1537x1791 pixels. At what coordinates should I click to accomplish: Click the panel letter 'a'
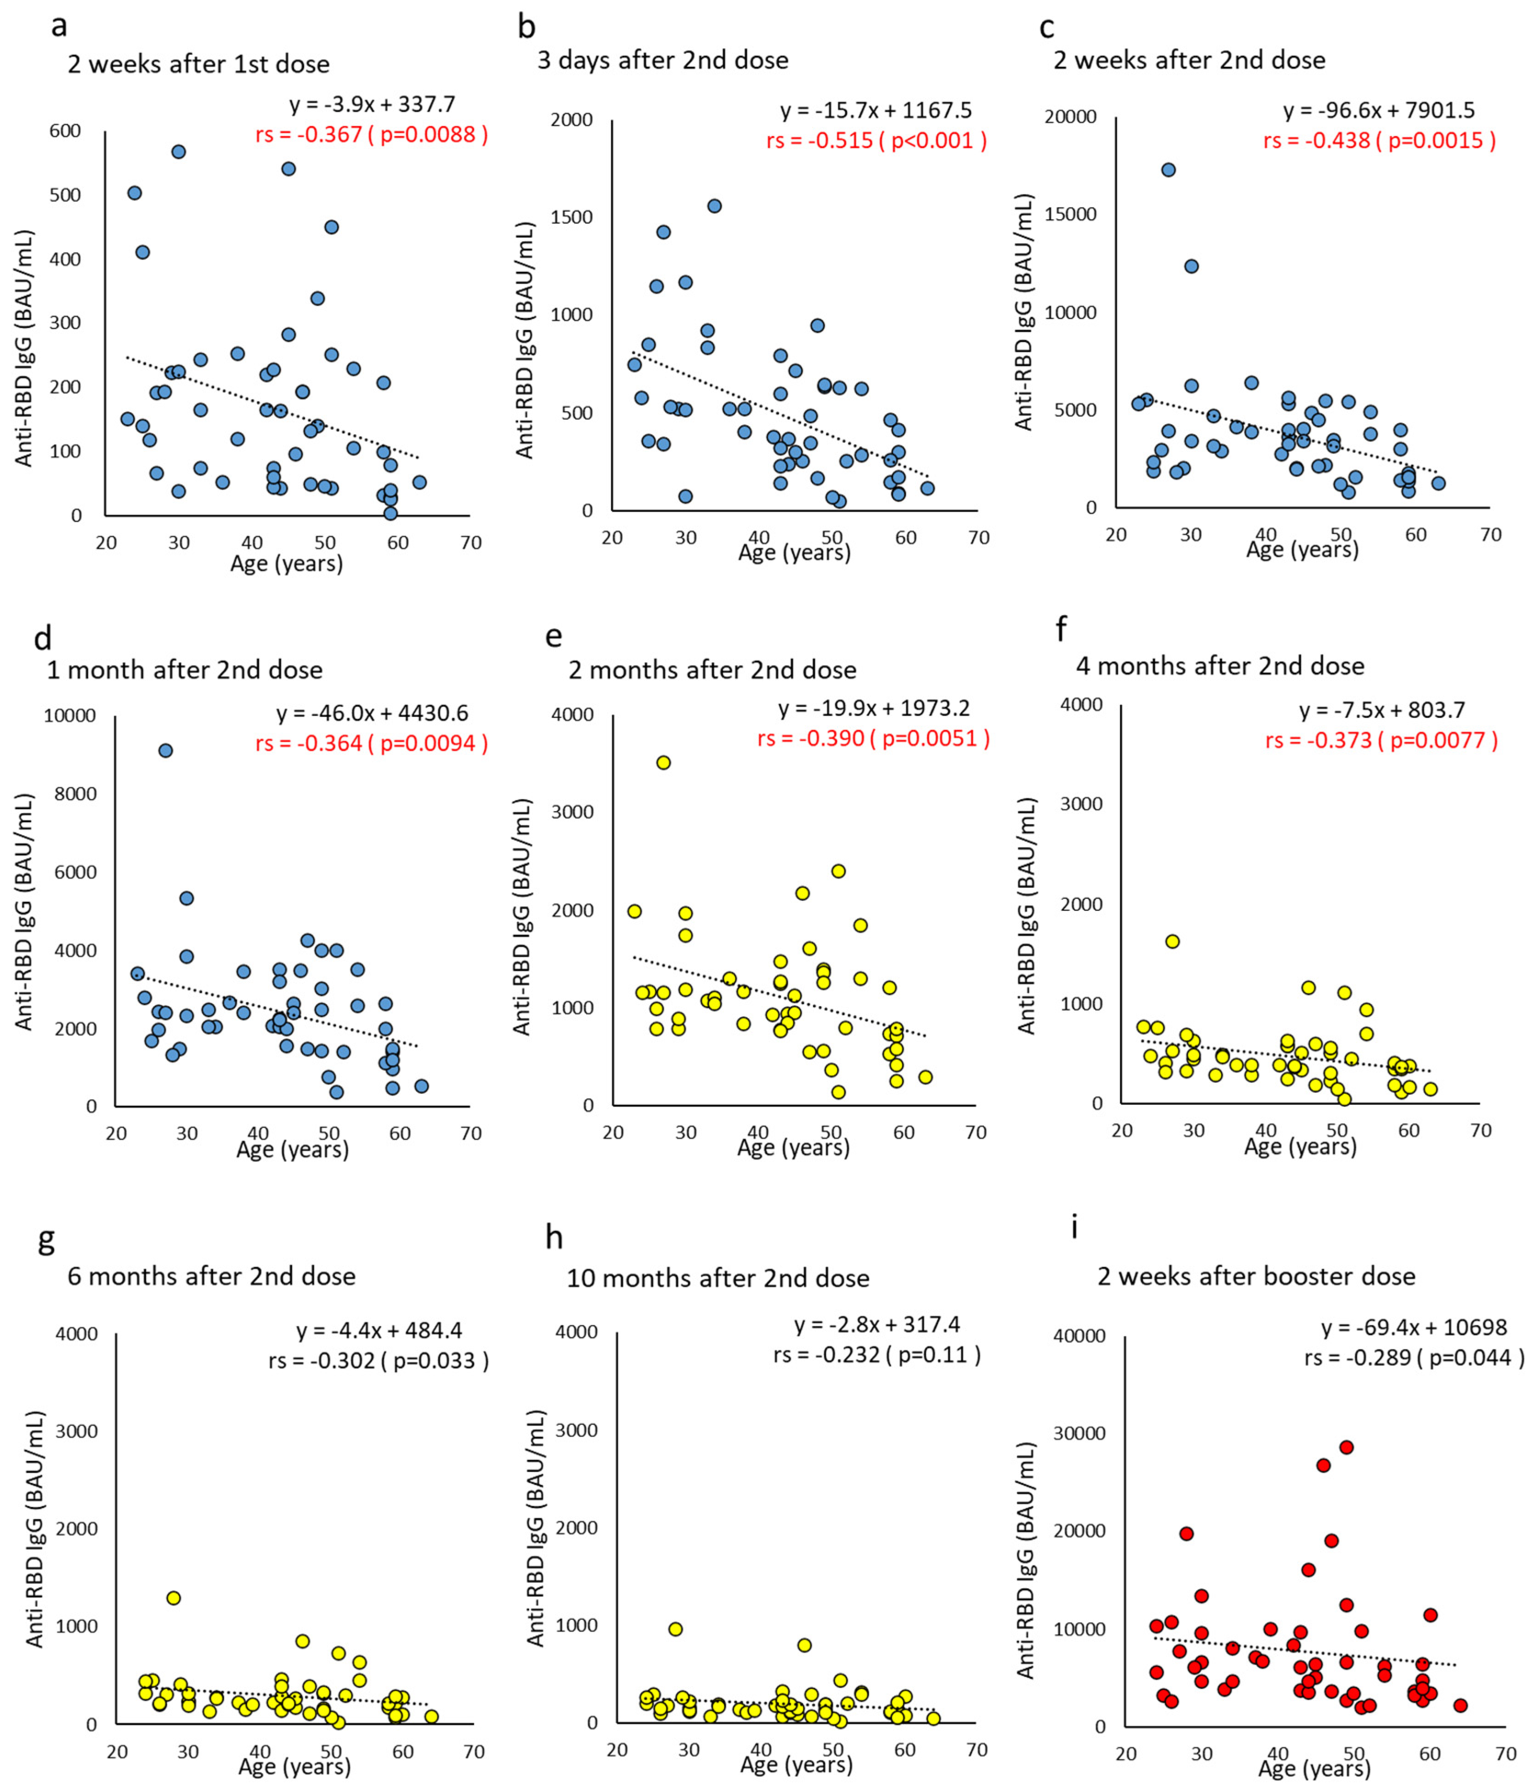coord(59,27)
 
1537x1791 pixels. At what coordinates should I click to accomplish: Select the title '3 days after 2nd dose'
coord(663,61)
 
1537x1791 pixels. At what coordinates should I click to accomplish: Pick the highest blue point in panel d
coord(165,751)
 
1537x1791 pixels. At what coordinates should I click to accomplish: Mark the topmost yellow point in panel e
coord(663,762)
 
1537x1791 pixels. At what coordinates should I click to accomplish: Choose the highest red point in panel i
coord(1346,1447)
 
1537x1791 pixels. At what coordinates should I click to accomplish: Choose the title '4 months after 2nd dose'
coord(1220,666)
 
